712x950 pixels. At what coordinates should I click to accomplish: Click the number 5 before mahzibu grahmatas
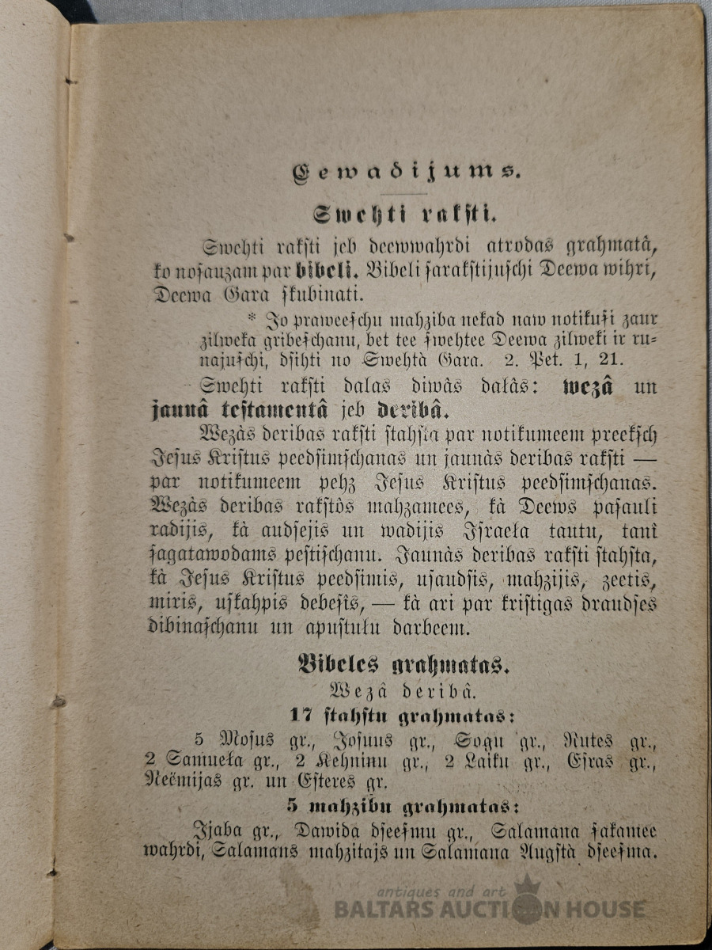292,807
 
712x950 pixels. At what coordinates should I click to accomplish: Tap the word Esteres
336,782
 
